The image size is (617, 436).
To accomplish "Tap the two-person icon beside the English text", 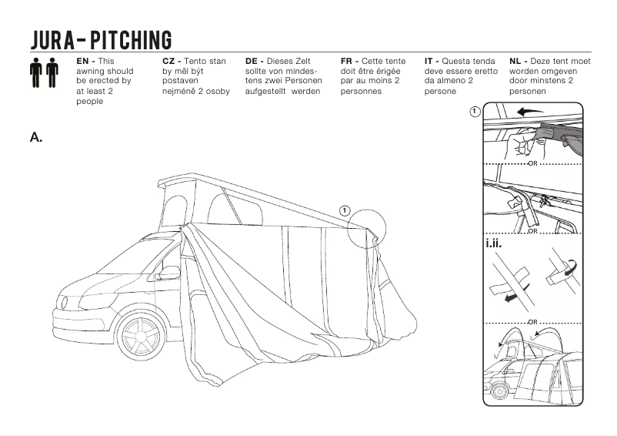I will (44, 72).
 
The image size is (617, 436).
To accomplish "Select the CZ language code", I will (169, 61).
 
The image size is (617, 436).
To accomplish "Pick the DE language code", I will (252, 61).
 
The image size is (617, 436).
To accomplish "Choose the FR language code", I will (347, 61).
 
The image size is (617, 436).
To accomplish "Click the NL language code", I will (516, 61).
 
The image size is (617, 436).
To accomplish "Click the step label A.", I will (35, 137).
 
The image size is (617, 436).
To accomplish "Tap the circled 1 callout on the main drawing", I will (345, 210).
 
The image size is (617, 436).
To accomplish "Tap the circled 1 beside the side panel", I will (475, 112).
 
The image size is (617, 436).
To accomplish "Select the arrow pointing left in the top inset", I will (530, 112).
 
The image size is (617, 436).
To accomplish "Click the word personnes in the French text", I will (364, 91).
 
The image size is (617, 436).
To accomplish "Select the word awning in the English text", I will (91, 71).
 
